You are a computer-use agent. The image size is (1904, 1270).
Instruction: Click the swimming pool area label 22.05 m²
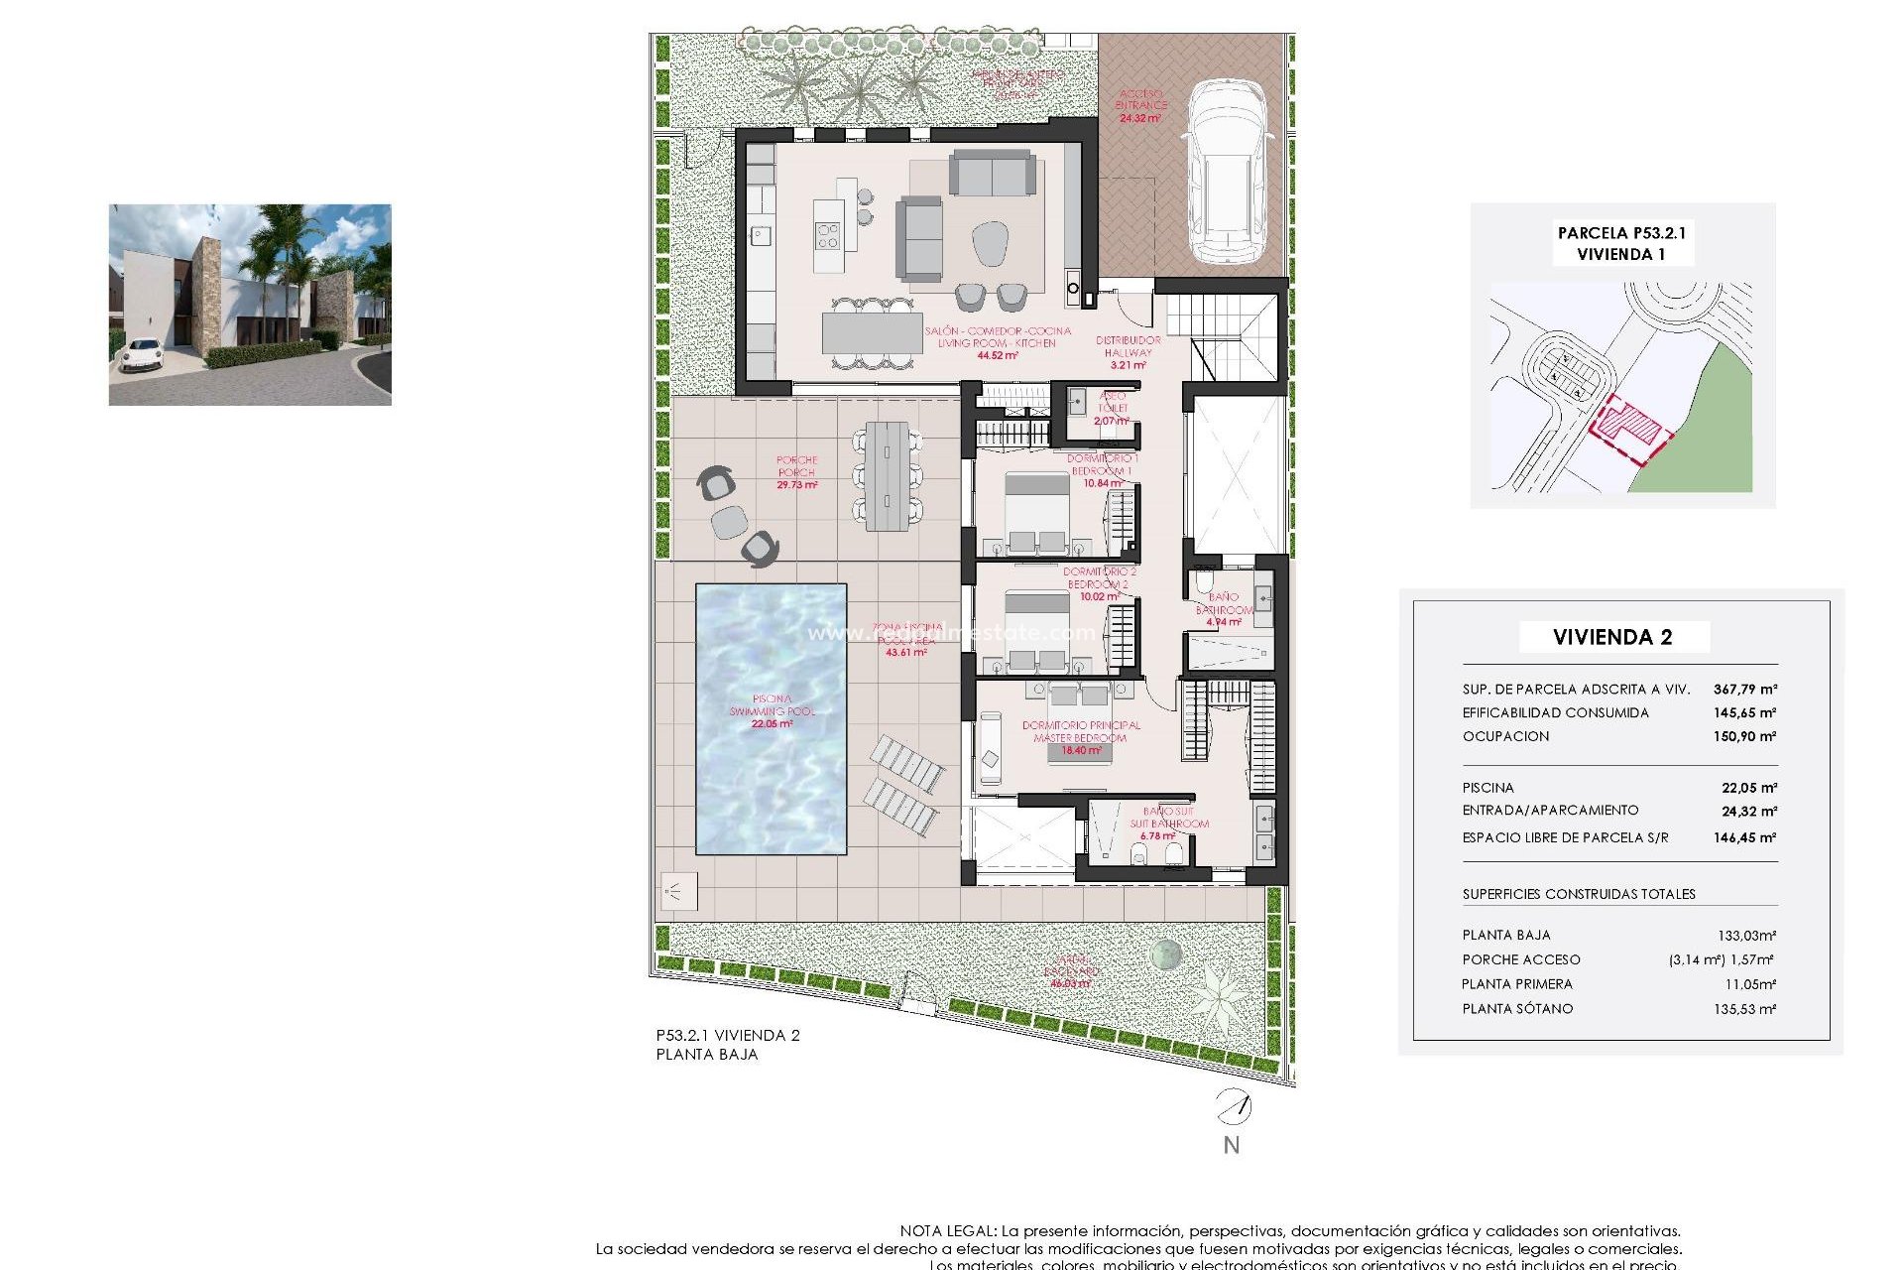[x=772, y=724]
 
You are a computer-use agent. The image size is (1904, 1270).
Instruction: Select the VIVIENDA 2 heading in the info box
[x=1612, y=637]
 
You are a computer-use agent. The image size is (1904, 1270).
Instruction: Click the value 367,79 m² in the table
[x=1744, y=689]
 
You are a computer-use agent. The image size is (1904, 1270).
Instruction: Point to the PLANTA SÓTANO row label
[x=1517, y=1009]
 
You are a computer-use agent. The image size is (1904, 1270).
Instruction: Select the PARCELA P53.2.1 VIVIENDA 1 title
[x=1621, y=243]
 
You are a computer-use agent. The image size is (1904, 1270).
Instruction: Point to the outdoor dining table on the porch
[x=887, y=476]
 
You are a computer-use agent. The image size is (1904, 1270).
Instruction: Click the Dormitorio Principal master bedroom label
[x=1081, y=731]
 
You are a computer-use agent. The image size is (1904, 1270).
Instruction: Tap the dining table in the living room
[x=872, y=333]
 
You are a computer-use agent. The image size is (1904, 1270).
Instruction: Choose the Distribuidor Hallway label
[x=1128, y=346]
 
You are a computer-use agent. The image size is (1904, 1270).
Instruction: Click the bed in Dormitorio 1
[x=1037, y=512]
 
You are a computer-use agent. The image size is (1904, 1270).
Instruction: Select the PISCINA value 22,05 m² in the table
[x=1748, y=788]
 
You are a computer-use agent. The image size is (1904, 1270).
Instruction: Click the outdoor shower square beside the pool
[x=679, y=891]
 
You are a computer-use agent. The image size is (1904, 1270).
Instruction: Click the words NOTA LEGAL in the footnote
[x=947, y=1231]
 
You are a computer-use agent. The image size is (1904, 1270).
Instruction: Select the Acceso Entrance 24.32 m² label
[x=1140, y=106]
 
